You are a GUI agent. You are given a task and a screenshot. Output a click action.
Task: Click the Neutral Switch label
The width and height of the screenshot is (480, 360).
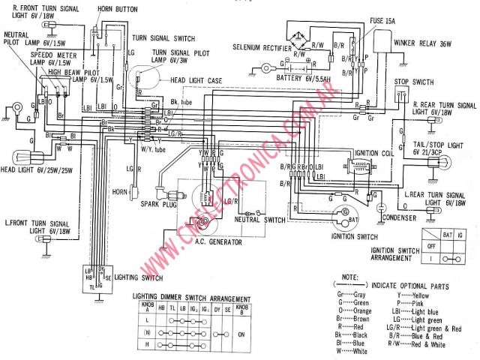click(258, 220)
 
